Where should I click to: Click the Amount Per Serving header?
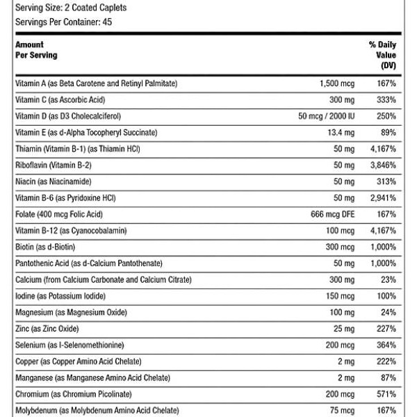(x=36, y=49)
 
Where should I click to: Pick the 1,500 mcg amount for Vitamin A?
(x=337, y=83)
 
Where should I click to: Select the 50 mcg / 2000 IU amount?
(x=326, y=116)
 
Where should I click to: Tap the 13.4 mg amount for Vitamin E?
(x=340, y=132)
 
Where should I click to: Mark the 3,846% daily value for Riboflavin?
(x=382, y=165)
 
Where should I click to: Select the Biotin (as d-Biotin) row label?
(x=45, y=246)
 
